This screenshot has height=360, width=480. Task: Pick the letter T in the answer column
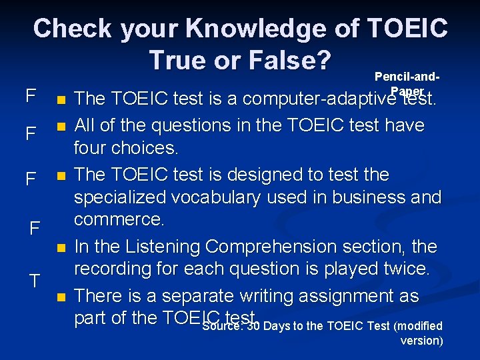[35, 281]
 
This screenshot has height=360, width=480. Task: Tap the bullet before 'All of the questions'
[61, 125]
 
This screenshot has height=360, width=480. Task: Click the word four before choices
[94, 147]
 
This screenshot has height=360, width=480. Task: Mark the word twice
[403, 269]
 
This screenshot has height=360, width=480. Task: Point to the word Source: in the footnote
[223, 326]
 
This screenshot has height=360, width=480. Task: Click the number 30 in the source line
[252, 326]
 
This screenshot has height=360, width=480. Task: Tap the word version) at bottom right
[421, 341]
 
